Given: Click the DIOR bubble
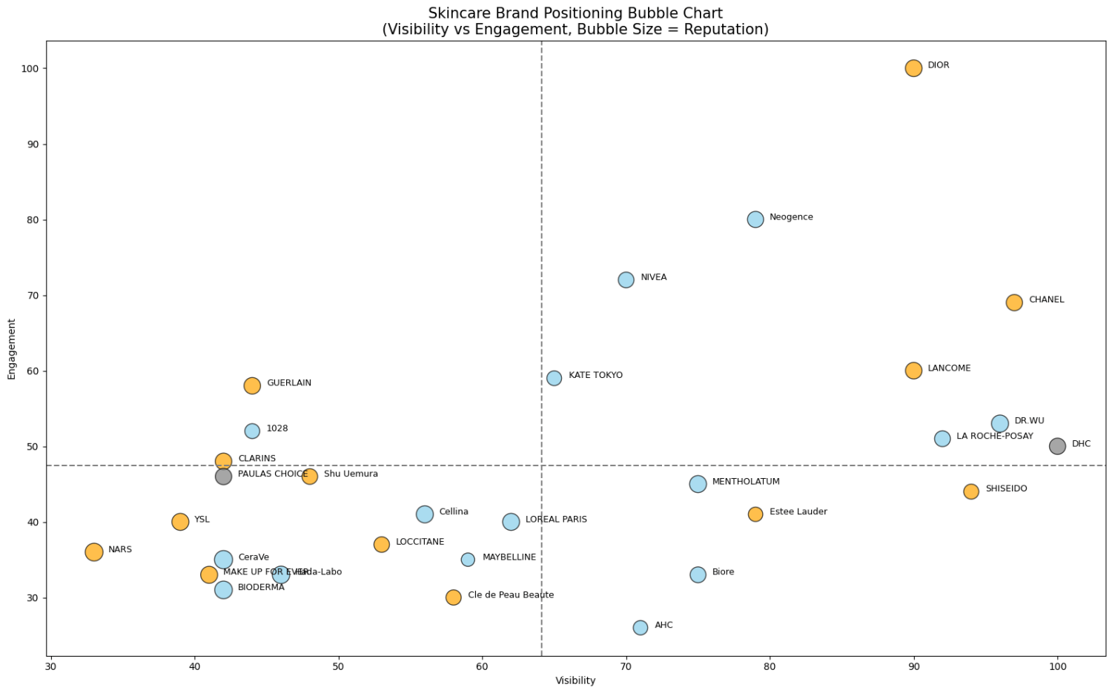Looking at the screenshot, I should coord(913,68).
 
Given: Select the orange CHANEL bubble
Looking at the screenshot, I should coord(1014,302).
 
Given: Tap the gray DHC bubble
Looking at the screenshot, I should coord(1057,446).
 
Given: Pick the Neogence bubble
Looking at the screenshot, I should coord(755,219).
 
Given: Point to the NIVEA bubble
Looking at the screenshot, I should coord(626,279).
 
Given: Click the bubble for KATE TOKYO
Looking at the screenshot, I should coord(554,378).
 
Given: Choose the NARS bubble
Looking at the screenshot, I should coord(94,552).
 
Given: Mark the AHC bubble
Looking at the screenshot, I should coord(641,628).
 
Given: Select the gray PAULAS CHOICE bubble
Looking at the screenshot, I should coord(223,477).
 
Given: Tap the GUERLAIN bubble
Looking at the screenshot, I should coord(252,385).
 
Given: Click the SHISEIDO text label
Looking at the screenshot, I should coord(1006,489).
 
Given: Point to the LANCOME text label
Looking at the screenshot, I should coord(949,368).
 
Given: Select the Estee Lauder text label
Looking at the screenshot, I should coord(798,512).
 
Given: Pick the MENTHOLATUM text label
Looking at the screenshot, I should coord(746,482).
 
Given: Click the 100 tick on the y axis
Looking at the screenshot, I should coord(29,69).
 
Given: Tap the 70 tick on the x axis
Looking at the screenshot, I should coord(626,667).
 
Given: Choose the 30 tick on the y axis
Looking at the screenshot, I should coord(32,598).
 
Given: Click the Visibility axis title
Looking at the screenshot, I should coord(575,681).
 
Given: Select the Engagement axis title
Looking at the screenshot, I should coord(12,349).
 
